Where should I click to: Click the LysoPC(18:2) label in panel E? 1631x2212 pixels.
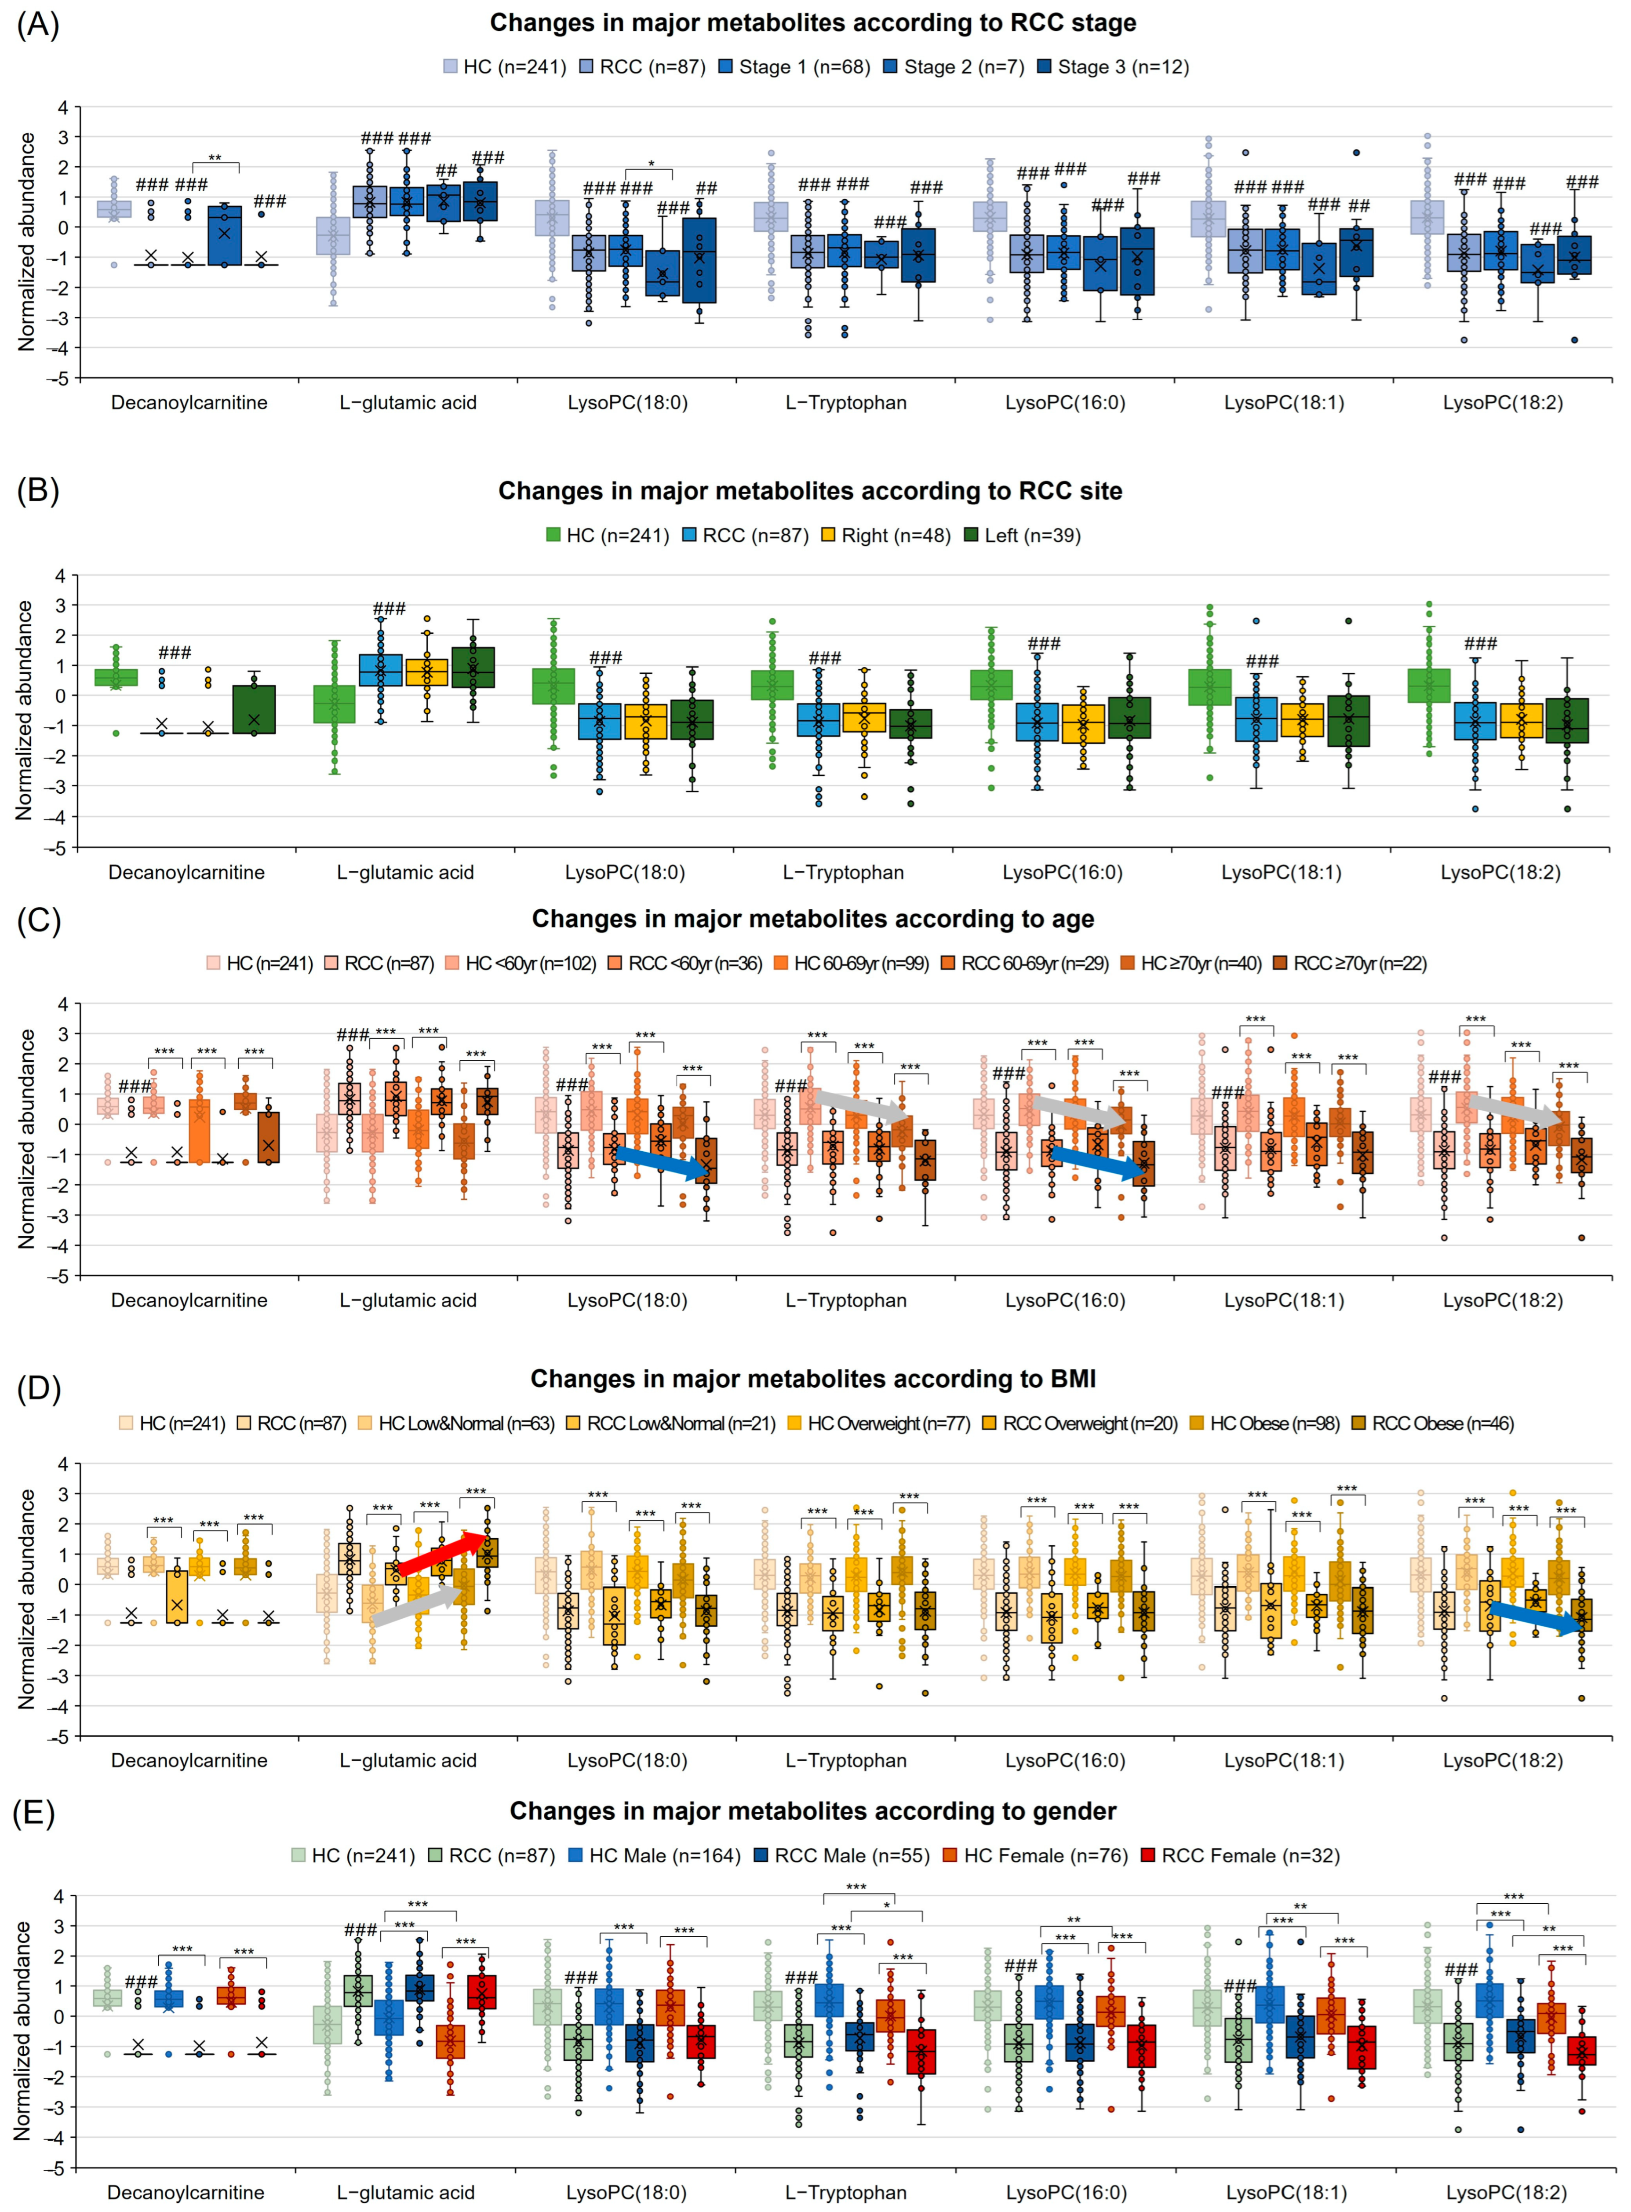1506,2192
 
